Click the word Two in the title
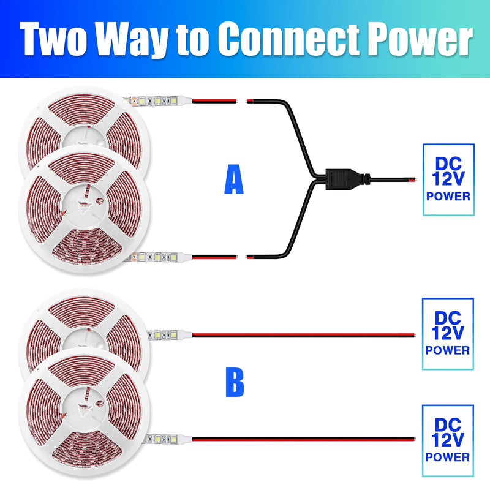53,39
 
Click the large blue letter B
235,382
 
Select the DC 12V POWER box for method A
448,179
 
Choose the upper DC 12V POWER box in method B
448,333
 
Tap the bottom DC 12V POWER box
448,440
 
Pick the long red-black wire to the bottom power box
304,439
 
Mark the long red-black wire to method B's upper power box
304,335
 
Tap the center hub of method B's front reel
85,406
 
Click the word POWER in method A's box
448,196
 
